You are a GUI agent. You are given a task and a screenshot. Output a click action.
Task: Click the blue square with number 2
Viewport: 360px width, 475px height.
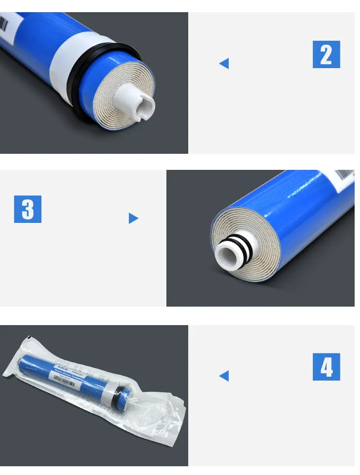[326, 55]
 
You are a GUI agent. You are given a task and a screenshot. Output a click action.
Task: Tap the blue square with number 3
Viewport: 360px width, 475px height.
[28, 209]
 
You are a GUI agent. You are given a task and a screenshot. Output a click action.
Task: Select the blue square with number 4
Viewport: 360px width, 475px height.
[326, 366]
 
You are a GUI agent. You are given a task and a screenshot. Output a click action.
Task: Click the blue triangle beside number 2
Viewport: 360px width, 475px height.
[224, 63]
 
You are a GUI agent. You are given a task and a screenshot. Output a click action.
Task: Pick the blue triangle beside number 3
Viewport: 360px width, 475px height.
[133, 218]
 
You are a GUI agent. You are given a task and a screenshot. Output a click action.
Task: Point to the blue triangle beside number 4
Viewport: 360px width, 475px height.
[224, 375]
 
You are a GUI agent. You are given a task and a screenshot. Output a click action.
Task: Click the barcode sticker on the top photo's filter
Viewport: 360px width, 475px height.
[4, 22]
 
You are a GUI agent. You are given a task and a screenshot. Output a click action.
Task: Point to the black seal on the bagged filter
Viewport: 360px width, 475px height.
[117, 399]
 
